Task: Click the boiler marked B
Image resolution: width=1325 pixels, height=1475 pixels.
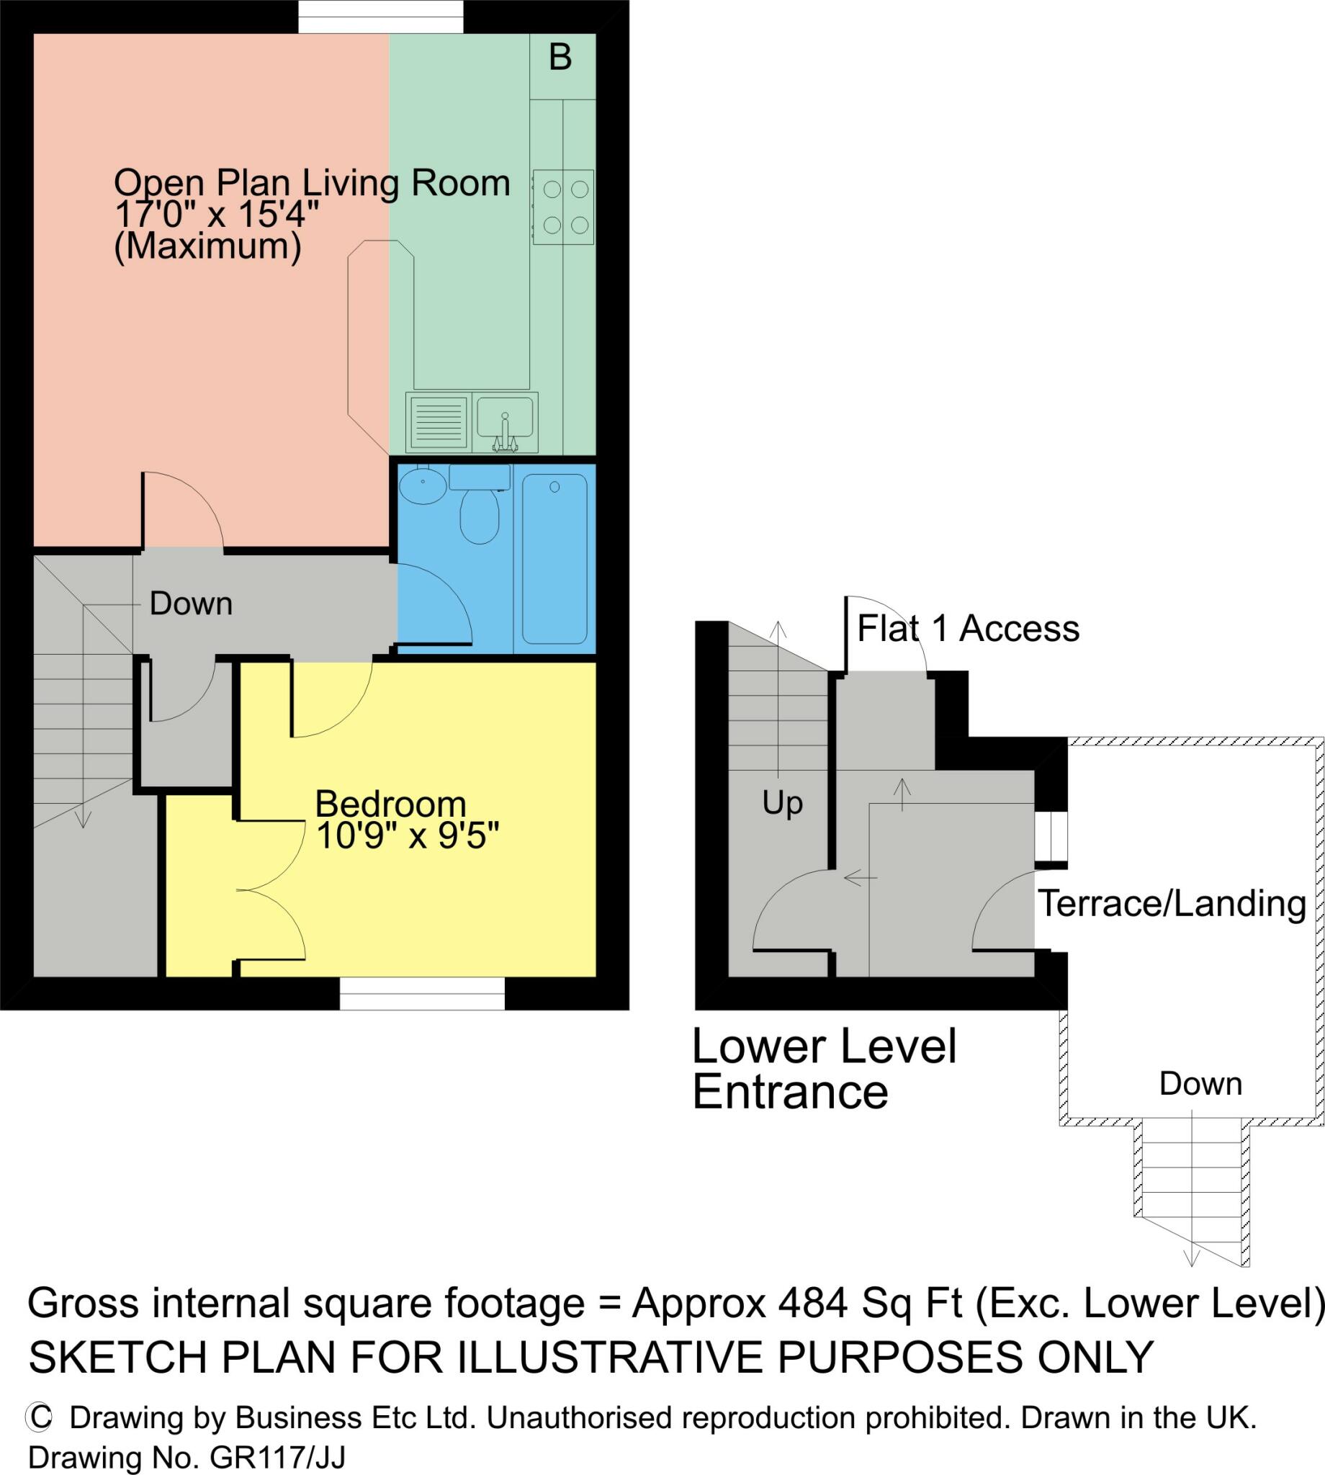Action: [x=562, y=66]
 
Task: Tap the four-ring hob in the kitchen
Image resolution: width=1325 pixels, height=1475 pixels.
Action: [x=564, y=207]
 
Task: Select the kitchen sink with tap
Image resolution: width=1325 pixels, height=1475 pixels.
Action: [x=506, y=422]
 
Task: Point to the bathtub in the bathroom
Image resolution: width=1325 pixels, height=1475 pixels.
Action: [x=554, y=559]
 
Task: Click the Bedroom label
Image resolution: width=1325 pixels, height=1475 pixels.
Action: [x=390, y=804]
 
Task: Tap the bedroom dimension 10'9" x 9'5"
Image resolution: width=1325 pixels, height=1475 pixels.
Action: [x=408, y=836]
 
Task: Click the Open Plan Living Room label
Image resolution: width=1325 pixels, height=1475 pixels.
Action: [x=313, y=183]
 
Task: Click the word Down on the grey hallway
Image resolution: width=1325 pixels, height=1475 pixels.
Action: [x=191, y=604]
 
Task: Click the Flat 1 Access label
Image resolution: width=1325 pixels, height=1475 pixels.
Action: [x=969, y=629]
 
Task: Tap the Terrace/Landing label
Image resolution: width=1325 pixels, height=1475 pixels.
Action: [x=1172, y=904]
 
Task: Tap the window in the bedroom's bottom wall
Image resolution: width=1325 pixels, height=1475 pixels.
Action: [x=422, y=994]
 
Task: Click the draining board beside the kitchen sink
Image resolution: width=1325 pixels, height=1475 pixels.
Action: [x=439, y=422]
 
